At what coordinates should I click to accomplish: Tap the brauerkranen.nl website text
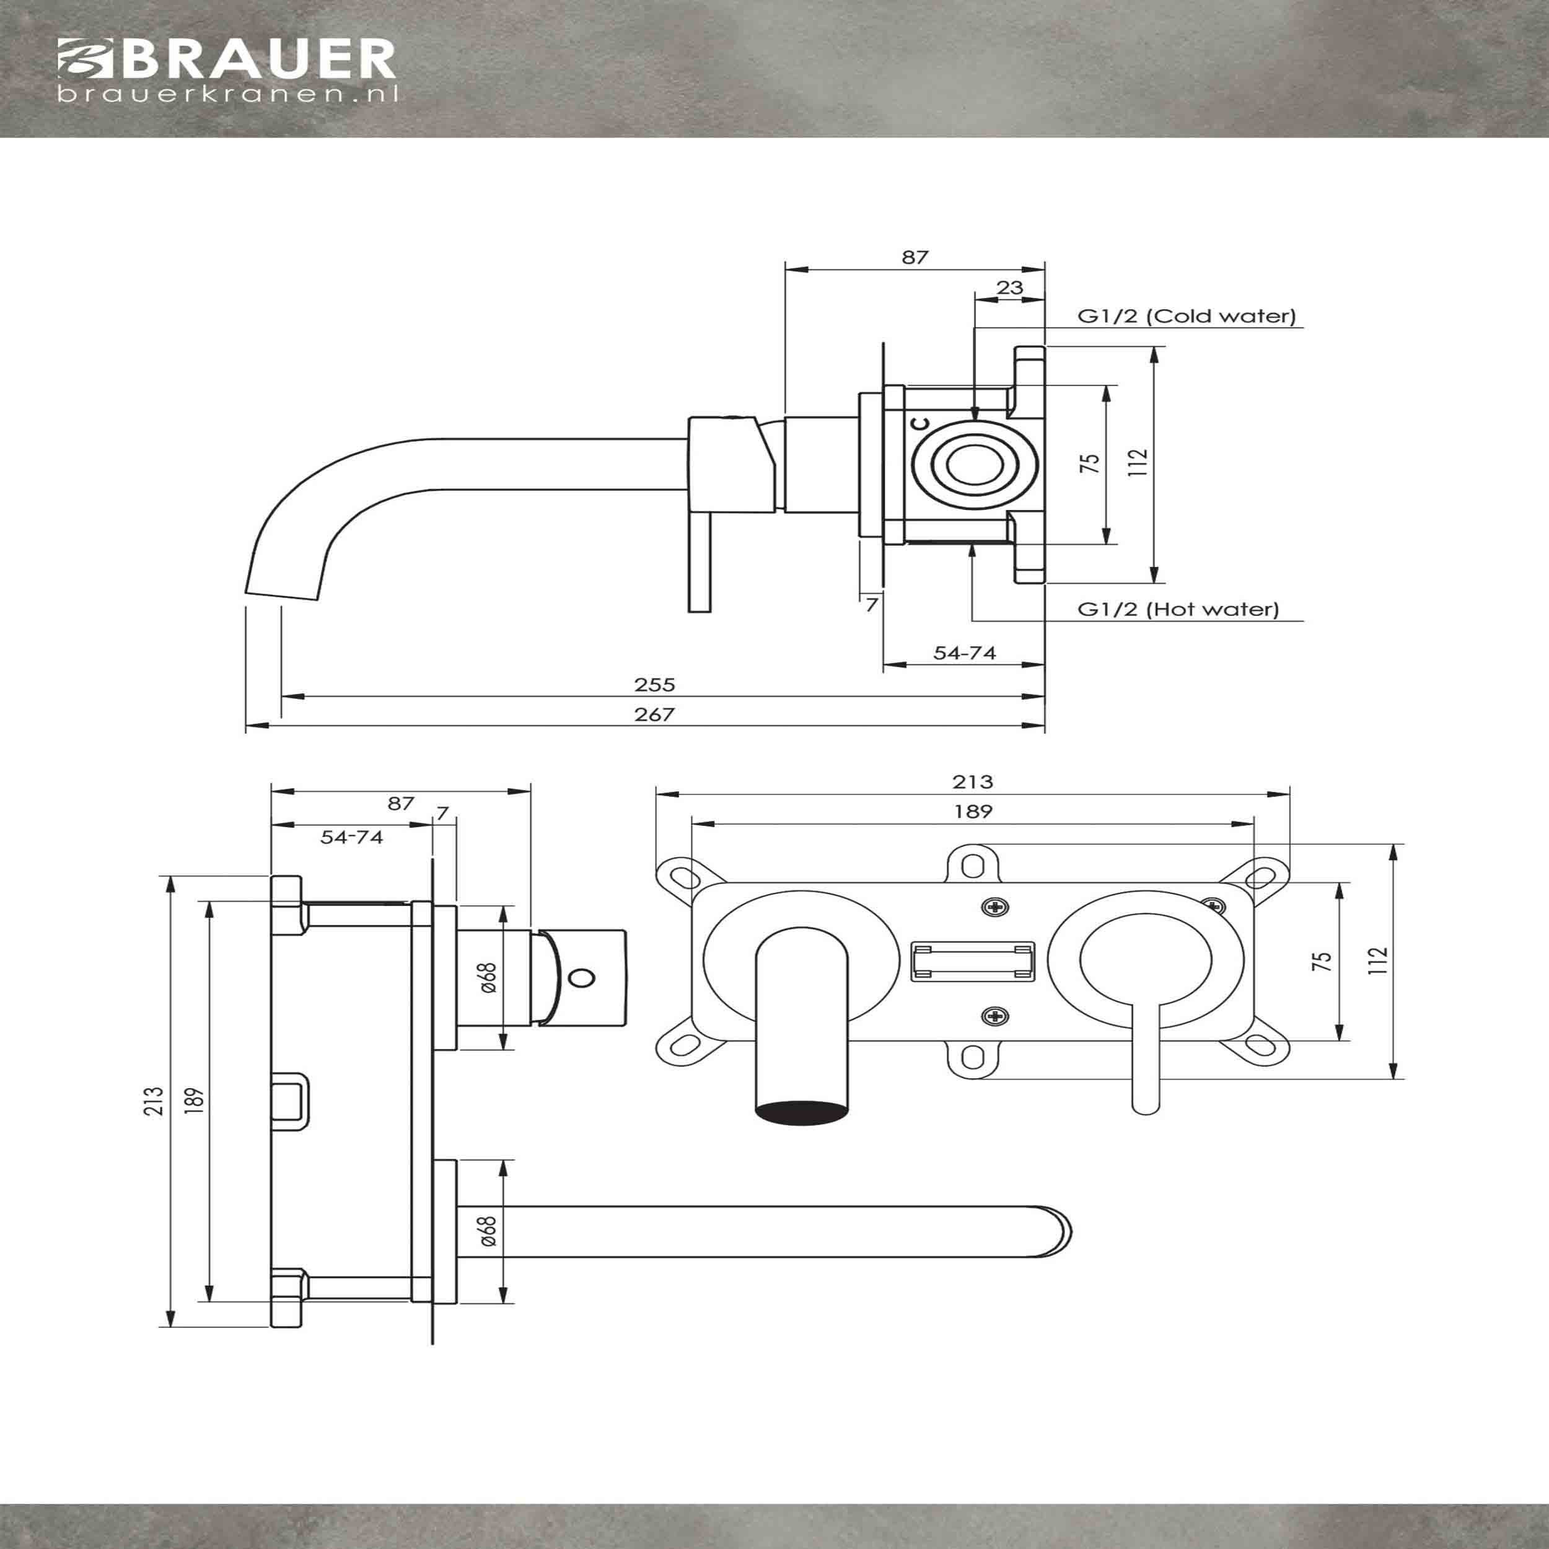click(227, 95)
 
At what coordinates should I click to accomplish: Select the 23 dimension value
click(1009, 287)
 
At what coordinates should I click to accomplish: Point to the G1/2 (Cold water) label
click(1187, 316)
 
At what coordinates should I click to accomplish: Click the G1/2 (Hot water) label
click(1178, 608)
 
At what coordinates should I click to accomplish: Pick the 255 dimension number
click(655, 684)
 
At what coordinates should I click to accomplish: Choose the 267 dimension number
click(655, 714)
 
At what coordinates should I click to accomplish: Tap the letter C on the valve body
click(923, 423)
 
